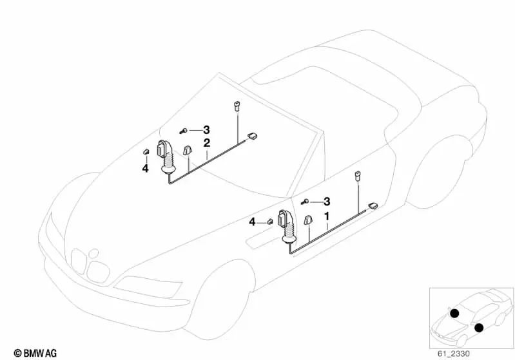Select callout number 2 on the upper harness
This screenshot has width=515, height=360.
206,143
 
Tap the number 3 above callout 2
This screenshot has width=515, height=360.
206,129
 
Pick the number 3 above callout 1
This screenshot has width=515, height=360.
327,202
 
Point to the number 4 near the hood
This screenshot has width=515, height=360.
145,169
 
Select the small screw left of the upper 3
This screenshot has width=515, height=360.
185,130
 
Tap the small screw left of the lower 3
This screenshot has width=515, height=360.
306,202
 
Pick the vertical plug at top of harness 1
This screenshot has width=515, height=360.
356,176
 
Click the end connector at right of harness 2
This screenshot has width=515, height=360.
251,136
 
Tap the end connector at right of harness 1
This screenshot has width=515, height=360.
373,206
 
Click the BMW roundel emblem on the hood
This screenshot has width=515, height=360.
95,254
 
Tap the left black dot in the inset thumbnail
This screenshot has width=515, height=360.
454,314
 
